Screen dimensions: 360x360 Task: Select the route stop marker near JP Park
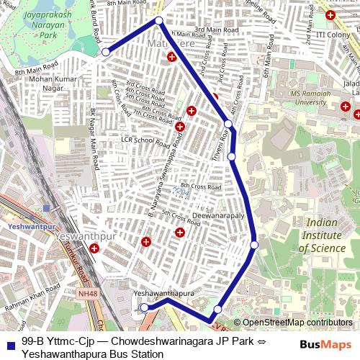(x=106, y=52)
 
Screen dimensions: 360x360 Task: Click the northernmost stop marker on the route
(x=158, y=20)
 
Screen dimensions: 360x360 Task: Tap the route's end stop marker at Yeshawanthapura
(x=144, y=307)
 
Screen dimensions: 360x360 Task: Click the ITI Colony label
(x=333, y=34)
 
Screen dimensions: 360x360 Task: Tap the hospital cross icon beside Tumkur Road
(x=94, y=248)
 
